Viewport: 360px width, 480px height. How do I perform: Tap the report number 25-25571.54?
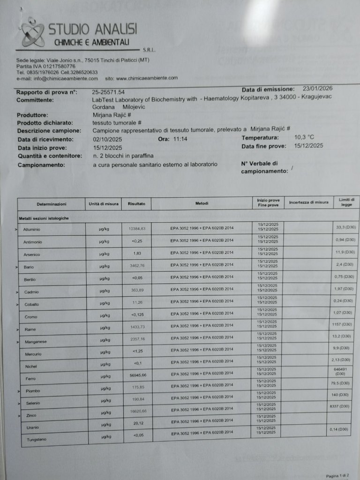click(x=109, y=92)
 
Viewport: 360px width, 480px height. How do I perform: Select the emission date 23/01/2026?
click(x=318, y=88)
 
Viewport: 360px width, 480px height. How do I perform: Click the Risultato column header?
click(x=136, y=204)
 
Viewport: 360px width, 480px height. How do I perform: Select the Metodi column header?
click(x=202, y=203)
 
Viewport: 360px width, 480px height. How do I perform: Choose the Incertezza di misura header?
click(x=308, y=202)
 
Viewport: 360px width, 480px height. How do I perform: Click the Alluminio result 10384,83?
click(x=137, y=228)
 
